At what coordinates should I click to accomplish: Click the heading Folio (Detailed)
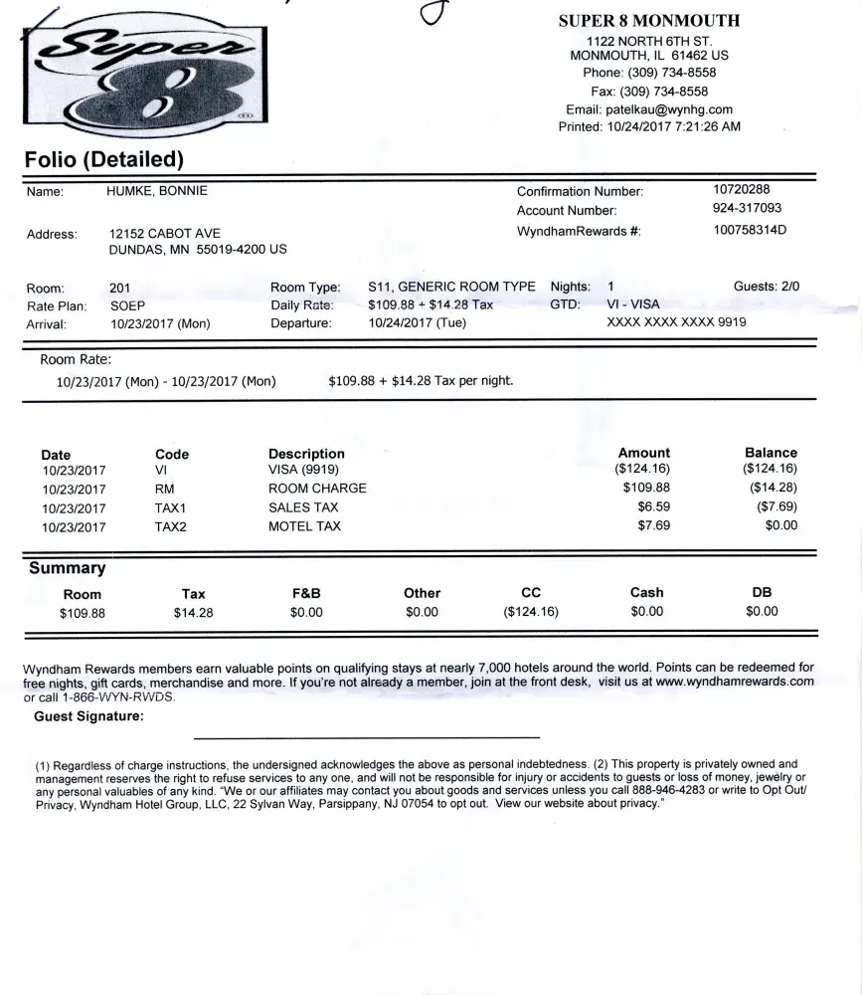(104, 158)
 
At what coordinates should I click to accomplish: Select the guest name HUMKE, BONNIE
(157, 191)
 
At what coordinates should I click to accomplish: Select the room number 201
(119, 288)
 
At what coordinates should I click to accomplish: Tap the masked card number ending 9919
(676, 322)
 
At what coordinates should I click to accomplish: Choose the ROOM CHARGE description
(317, 489)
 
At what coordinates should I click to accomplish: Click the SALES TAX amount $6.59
(654, 507)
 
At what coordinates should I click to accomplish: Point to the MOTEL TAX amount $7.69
(654, 525)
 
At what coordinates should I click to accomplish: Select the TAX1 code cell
(171, 507)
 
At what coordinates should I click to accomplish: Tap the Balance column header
(771, 452)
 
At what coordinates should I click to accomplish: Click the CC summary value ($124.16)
(531, 612)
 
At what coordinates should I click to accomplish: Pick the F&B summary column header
(306, 593)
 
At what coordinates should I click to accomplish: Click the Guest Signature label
(88, 715)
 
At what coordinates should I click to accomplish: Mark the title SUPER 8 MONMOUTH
(649, 20)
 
